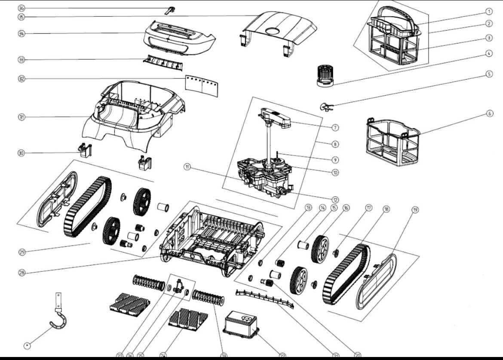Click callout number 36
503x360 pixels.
[x=21, y=8]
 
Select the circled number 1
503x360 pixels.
[x=489, y=12]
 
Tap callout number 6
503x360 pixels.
[x=489, y=114]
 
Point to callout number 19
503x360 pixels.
[x=415, y=210]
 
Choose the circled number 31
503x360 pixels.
[x=21, y=117]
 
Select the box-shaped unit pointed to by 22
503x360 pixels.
[x=241, y=324]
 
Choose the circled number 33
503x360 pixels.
[x=21, y=59]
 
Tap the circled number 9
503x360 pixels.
[x=335, y=159]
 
